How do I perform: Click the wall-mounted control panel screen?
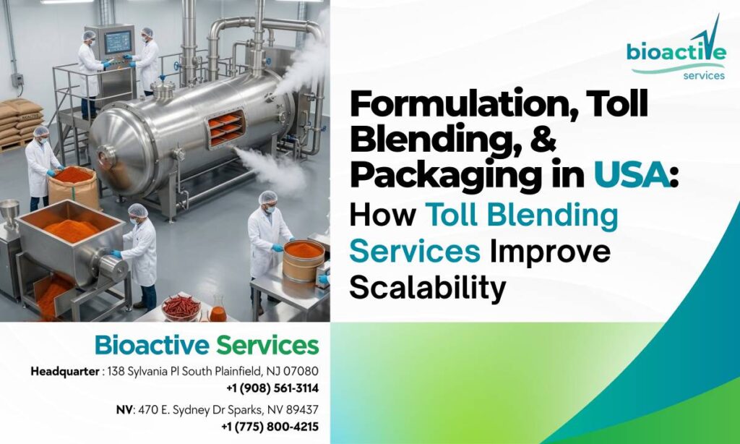pyautogui.click(x=117, y=42)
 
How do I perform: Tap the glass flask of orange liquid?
pyautogui.click(x=218, y=310)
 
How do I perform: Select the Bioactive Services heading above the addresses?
pyautogui.click(x=207, y=345)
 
